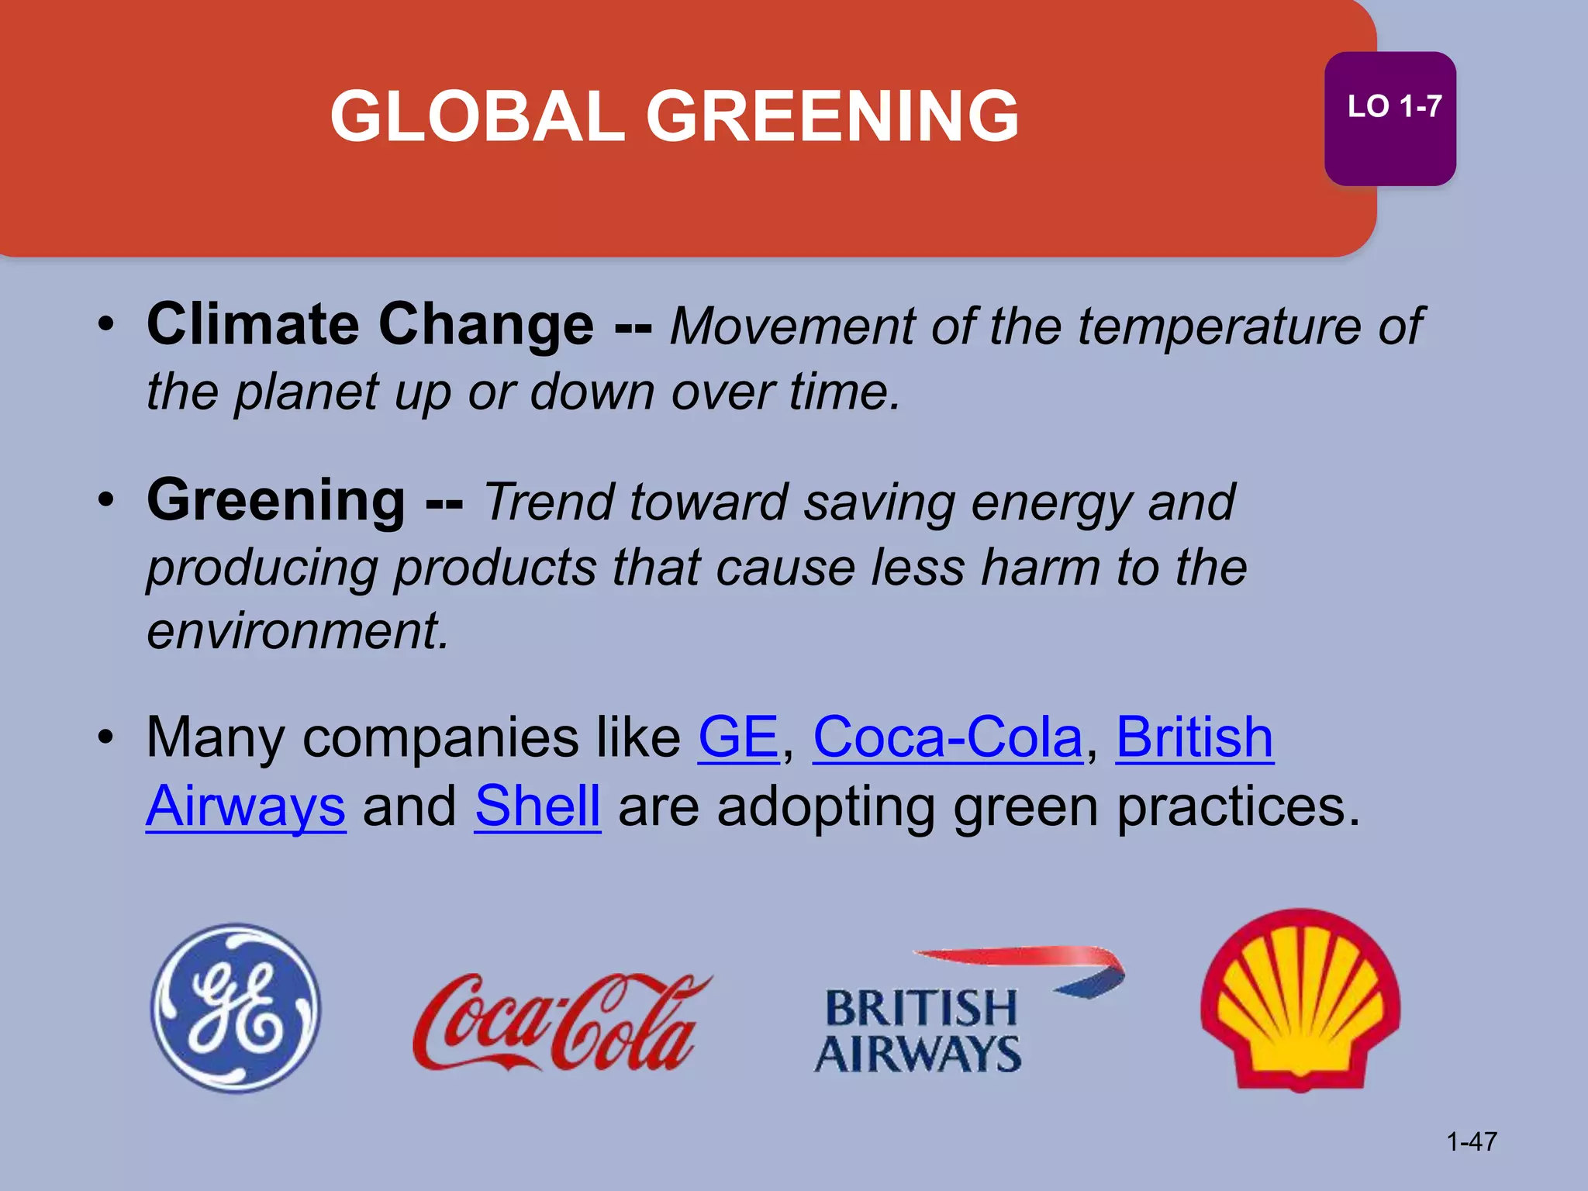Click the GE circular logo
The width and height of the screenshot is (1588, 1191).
(x=236, y=1008)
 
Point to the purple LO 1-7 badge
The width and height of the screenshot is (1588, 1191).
(x=1389, y=119)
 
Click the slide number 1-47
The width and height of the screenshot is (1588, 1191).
(x=1471, y=1141)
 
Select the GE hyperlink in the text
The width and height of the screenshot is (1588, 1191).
(x=738, y=737)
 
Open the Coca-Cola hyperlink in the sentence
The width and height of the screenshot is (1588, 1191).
(x=947, y=737)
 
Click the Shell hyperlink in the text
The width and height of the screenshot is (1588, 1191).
(x=537, y=806)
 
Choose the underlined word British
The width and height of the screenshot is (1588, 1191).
(x=1194, y=737)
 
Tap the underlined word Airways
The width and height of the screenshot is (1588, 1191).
(x=246, y=806)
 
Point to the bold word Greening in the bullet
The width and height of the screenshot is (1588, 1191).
(x=276, y=500)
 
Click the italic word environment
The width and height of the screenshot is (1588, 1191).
(x=297, y=630)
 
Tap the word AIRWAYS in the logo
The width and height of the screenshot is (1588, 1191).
(x=918, y=1055)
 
